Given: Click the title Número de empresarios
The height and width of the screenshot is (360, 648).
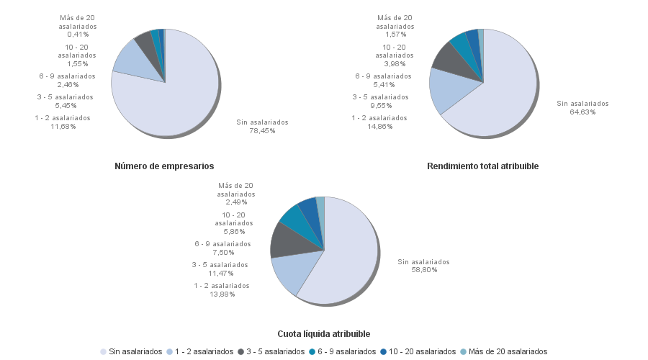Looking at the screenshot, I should (164, 166).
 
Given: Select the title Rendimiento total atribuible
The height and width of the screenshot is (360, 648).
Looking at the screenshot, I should (482, 166).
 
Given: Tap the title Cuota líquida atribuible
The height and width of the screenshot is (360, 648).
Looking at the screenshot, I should (324, 334).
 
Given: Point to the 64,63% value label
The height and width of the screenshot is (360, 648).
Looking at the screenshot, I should (582, 112).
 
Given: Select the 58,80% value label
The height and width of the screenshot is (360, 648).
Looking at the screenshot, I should (423, 270).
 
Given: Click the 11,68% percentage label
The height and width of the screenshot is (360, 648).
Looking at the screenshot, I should (63, 127).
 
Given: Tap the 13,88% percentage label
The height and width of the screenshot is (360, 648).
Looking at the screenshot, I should (221, 294).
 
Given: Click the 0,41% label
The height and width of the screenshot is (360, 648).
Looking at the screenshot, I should (78, 35).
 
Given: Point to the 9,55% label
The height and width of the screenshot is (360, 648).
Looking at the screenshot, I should (382, 105).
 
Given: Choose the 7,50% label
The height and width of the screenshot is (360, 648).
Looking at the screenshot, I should (222, 253).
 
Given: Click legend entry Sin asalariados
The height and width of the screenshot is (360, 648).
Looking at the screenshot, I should (135, 351).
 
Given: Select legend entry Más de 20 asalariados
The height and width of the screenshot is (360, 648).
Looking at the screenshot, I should (508, 351).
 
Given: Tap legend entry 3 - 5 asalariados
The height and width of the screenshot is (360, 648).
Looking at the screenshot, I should (274, 351).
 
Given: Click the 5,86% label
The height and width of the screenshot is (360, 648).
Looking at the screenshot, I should (233, 232).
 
